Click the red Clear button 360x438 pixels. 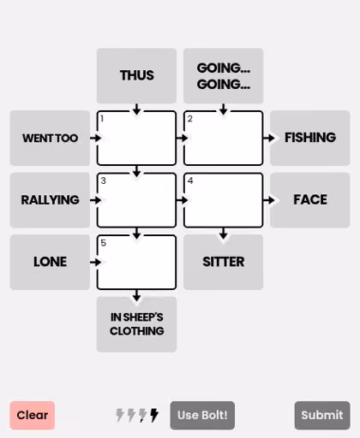[x=33, y=415]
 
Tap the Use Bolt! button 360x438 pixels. [x=202, y=415]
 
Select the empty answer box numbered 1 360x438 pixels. [x=136, y=138]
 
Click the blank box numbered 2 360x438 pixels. [x=224, y=138]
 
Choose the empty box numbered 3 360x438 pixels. [x=136, y=200]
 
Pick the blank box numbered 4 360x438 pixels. [x=224, y=200]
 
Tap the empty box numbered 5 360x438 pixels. [x=136, y=263]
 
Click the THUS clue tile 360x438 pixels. [x=136, y=75]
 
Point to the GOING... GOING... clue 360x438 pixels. [x=224, y=75]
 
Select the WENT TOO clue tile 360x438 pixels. [x=50, y=138]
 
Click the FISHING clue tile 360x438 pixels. [x=310, y=138]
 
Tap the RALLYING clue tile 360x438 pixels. [x=50, y=200]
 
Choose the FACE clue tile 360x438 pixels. [x=310, y=200]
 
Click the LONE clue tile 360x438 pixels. [x=50, y=263]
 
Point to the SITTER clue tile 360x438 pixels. [x=224, y=263]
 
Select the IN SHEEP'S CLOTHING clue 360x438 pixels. [x=136, y=324]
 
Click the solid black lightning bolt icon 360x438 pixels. [x=154, y=415]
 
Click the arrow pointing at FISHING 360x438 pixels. [x=268, y=138]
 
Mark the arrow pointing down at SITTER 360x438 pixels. [x=224, y=234]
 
